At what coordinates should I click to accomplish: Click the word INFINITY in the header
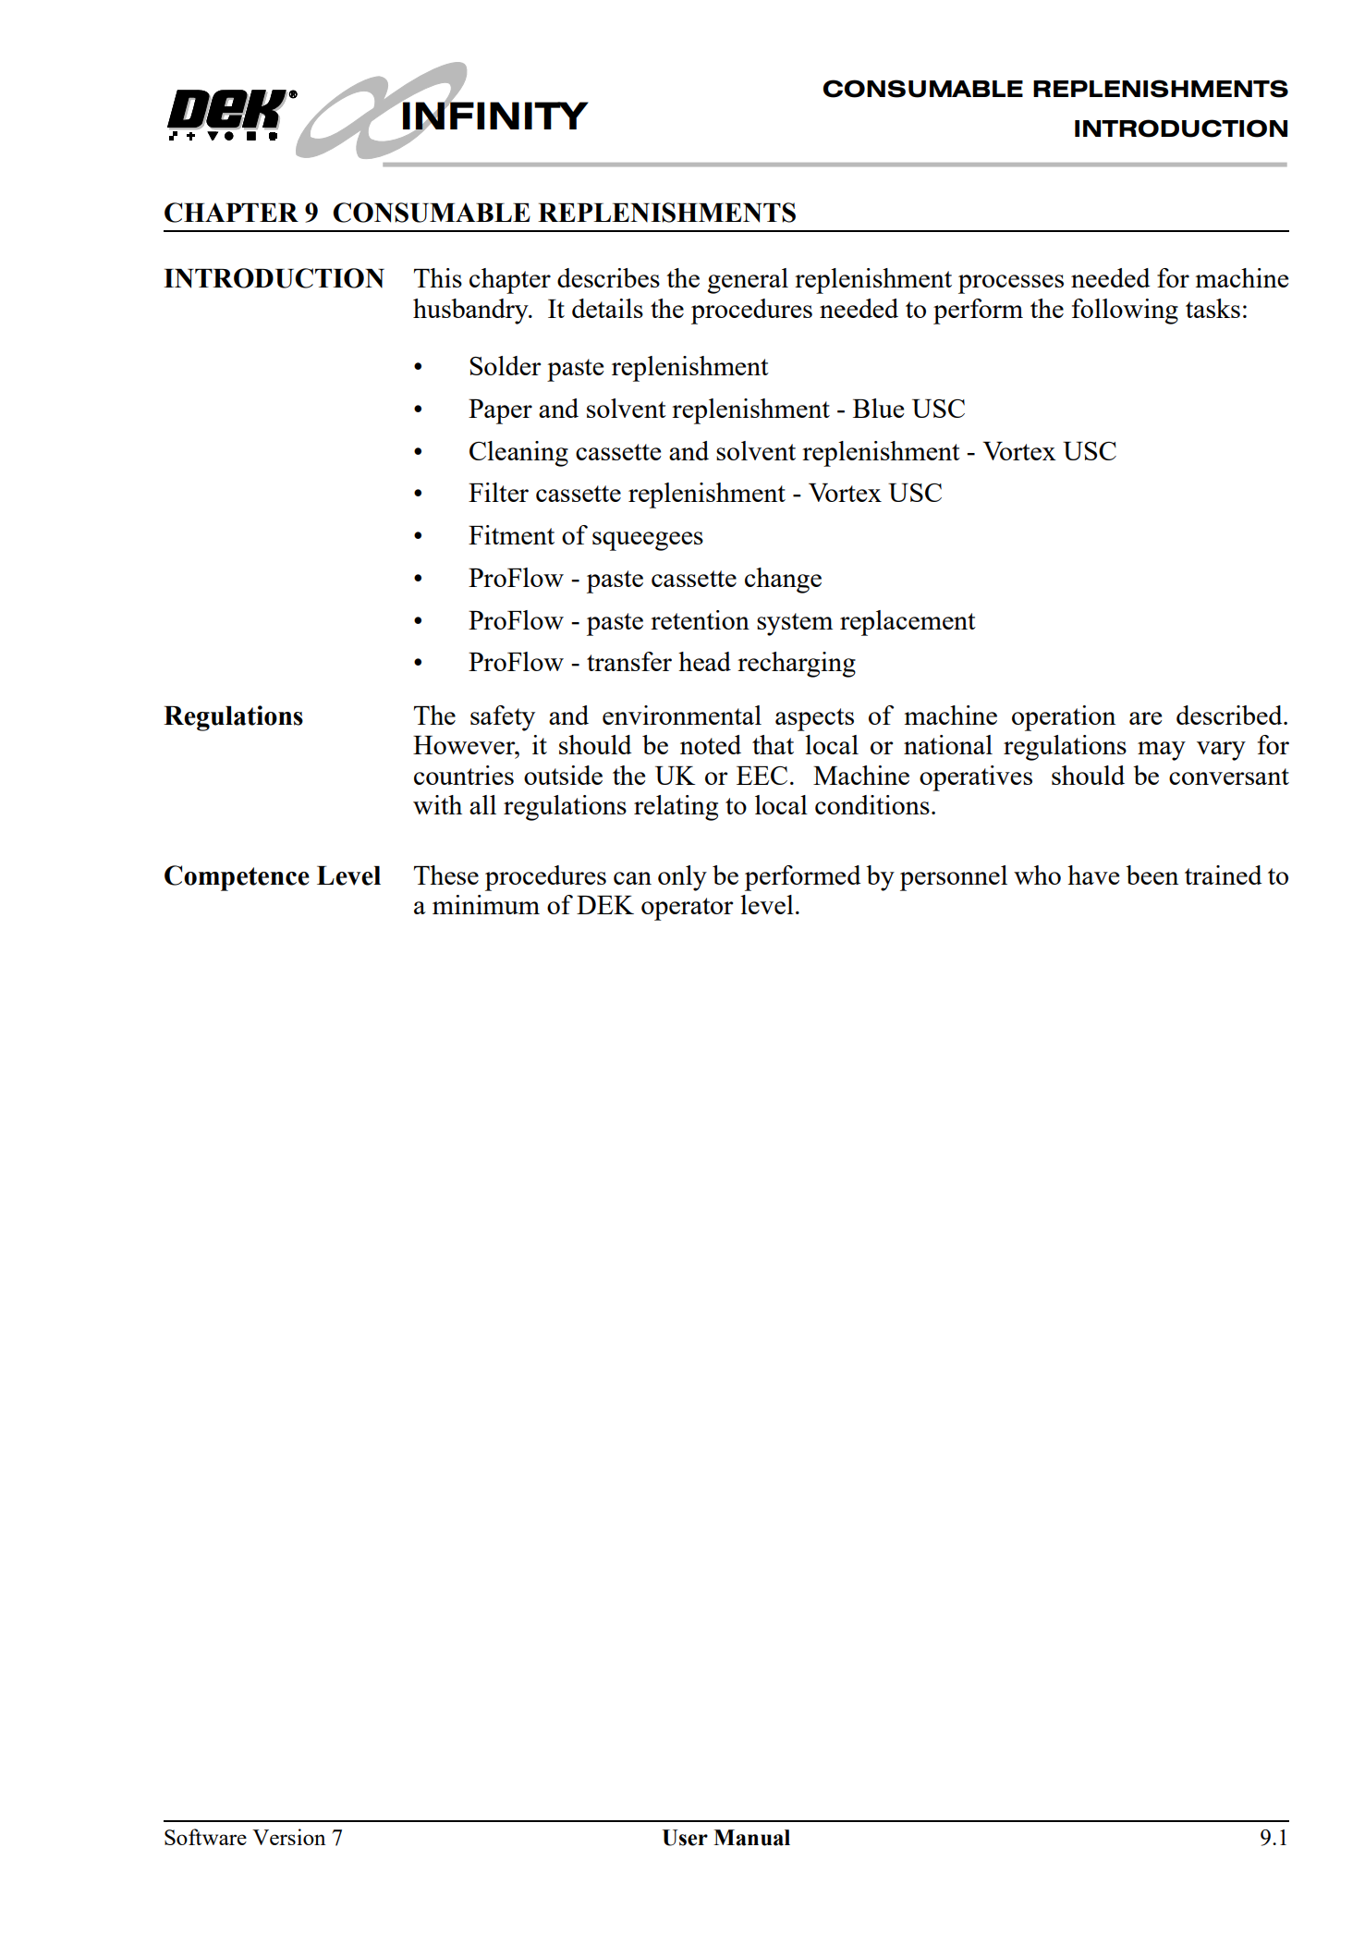494,116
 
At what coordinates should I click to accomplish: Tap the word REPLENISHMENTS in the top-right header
1159,89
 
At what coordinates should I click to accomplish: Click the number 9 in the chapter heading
311,213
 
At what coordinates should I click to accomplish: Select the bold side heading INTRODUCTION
274,278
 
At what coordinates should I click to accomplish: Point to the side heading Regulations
233,716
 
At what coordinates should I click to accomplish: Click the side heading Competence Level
272,875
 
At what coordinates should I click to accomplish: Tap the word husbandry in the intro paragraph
471,310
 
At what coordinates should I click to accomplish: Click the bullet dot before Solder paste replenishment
419,368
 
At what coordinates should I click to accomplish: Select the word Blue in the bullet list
878,409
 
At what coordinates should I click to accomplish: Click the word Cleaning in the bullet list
518,451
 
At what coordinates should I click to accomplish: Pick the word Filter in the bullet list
497,494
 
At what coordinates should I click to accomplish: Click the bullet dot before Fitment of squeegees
419,537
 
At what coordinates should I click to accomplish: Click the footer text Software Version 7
253,1838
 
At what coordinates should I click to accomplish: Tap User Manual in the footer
725,1838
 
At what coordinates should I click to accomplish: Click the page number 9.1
1273,1838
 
